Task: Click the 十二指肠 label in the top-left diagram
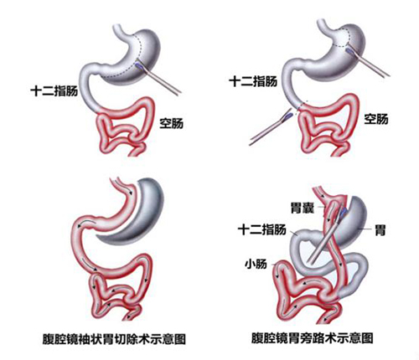[x=54, y=91]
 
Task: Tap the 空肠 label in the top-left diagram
[x=172, y=123]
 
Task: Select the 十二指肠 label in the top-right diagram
[x=253, y=81]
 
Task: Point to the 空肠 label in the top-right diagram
[x=376, y=119]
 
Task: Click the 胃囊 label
[x=303, y=208]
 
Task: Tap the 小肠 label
[x=256, y=264]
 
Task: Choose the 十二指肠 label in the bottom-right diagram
[x=262, y=230]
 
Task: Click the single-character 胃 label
[x=380, y=230]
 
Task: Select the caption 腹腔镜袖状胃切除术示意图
[x=114, y=339]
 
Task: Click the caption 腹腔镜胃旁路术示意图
[x=313, y=337]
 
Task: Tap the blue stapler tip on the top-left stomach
[x=139, y=65]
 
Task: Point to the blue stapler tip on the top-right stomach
[x=349, y=50]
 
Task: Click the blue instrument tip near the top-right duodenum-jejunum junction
[x=288, y=116]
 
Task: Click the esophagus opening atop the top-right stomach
[x=322, y=23]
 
